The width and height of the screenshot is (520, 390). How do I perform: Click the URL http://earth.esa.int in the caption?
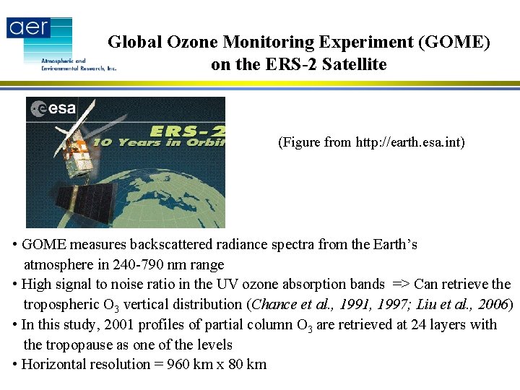(408, 142)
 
